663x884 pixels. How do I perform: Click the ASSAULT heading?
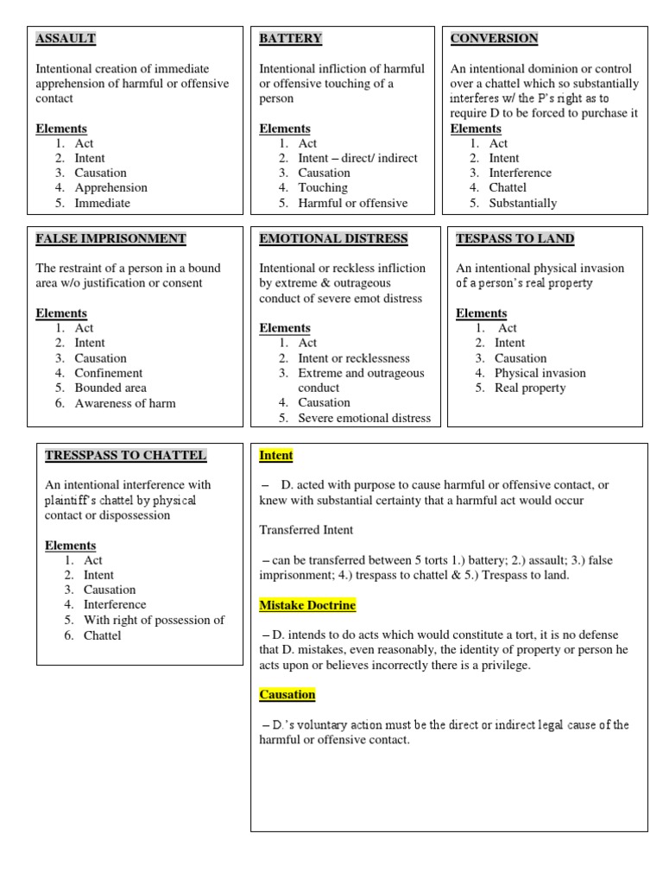pyautogui.click(x=66, y=39)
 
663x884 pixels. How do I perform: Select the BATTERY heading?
pyautogui.click(x=290, y=39)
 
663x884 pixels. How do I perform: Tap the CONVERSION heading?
pyautogui.click(x=494, y=39)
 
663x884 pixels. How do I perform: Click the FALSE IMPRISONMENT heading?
pyautogui.click(x=110, y=238)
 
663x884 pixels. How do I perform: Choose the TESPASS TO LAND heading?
pyautogui.click(x=515, y=238)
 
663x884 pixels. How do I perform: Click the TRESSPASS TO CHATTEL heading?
pyautogui.click(x=125, y=455)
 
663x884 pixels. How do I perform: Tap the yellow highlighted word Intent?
pyautogui.click(x=276, y=455)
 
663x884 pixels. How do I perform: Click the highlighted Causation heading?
pyautogui.click(x=287, y=694)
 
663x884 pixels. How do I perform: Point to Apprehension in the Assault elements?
pyautogui.click(x=110, y=187)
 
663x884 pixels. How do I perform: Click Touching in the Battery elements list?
pyautogui.click(x=323, y=187)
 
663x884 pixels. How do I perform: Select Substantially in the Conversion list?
pyautogui.click(x=522, y=203)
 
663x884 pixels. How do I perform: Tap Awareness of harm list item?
pyautogui.click(x=124, y=403)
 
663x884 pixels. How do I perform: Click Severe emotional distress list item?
pyautogui.click(x=363, y=418)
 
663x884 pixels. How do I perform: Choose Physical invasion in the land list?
pyautogui.click(x=540, y=373)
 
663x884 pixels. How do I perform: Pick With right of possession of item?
pyautogui.click(x=154, y=620)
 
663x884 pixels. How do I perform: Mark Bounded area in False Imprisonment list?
pyautogui.click(x=110, y=388)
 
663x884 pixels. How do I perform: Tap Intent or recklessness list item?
pyautogui.click(x=354, y=358)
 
